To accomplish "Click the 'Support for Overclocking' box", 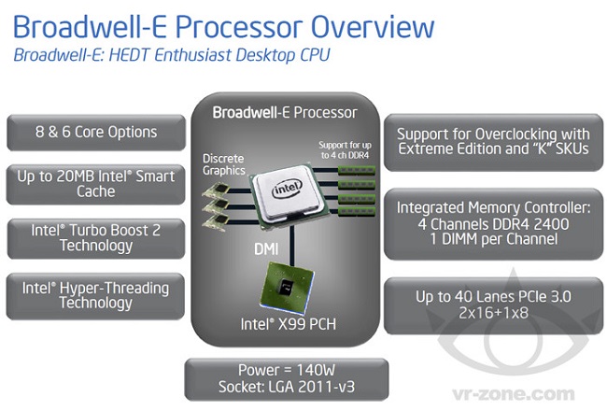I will pyautogui.click(x=492, y=141).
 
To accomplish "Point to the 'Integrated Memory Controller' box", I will pyautogui.click(x=492, y=221).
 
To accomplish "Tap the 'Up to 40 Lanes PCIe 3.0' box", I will pyautogui.click(x=492, y=305).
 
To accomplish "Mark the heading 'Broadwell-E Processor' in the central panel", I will pyautogui.click(x=284, y=113).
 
